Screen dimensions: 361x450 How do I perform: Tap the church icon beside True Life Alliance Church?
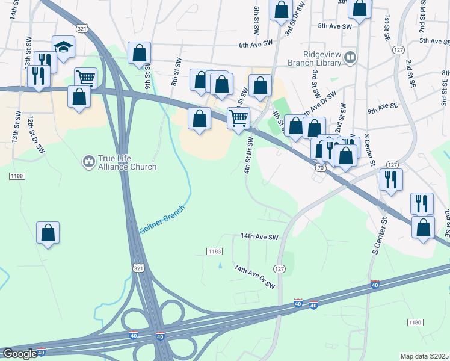88,161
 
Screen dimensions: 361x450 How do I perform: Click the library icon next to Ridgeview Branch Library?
351,58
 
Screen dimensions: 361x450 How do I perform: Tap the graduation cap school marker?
63,47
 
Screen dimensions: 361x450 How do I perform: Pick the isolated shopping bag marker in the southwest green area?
48,233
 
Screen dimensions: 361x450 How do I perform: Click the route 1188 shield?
16,176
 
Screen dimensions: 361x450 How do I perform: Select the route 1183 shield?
215,251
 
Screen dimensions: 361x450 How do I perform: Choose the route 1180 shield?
415,323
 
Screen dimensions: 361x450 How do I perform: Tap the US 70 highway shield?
319,168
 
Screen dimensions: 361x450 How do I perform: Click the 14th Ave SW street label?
260,237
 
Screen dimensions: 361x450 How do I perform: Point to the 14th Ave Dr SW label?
254,276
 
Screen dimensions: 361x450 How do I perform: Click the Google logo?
20,354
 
